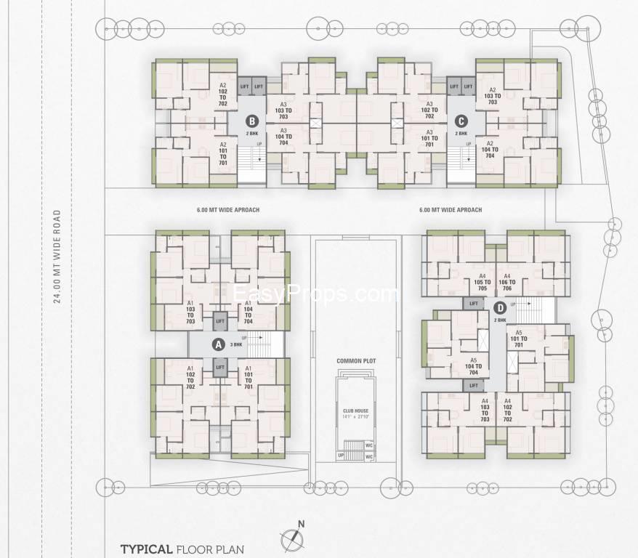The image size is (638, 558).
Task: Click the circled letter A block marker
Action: [x=217, y=345]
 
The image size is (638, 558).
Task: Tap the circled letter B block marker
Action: [x=251, y=121]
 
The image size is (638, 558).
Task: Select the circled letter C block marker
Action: [x=461, y=121]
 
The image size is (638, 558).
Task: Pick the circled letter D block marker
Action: [x=500, y=308]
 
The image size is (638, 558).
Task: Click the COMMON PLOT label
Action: [x=354, y=361]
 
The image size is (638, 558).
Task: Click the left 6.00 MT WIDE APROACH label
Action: [x=227, y=210]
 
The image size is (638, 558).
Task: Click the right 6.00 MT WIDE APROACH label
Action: [x=451, y=210]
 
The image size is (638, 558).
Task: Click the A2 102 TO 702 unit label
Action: [x=223, y=93]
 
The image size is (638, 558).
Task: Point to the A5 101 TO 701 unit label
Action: [x=518, y=338]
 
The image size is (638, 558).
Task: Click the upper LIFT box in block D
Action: [x=474, y=303]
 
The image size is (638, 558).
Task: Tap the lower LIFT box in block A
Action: [x=219, y=368]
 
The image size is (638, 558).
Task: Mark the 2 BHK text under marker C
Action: [x=461, y=134]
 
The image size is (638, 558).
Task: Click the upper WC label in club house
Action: [x=369, y=445]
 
